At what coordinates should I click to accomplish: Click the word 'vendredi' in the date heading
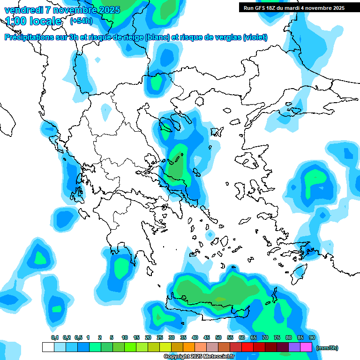23,10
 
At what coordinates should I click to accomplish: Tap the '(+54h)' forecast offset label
81,21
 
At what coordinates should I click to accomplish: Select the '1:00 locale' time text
33,21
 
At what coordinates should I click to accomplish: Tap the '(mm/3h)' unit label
327,348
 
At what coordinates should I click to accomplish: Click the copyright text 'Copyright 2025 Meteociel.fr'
199,357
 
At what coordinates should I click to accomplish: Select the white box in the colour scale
48,347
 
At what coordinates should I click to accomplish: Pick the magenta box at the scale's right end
306,347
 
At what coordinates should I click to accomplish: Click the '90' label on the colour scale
312,337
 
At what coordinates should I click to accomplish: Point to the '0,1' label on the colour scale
55,337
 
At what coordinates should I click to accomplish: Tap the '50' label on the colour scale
218,337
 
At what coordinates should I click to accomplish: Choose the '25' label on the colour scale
160,337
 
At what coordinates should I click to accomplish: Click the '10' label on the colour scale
125,337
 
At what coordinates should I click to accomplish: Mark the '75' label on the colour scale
277,337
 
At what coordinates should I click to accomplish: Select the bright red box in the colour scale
247,347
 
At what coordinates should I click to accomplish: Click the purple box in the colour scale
294,347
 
